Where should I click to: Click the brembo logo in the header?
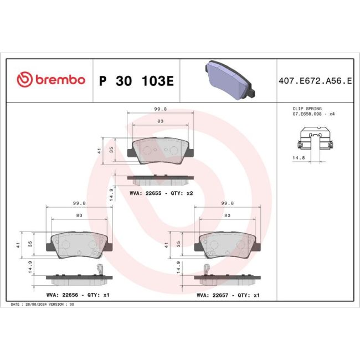(50, 80)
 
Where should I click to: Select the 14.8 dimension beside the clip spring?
(300, 157)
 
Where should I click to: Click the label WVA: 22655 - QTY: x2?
(161, 193)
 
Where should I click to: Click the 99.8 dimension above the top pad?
(161, 110)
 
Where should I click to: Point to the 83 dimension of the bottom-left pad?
(79, 215)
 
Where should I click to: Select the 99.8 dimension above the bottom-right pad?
(228, 203)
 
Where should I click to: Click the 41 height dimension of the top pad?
(98, 150)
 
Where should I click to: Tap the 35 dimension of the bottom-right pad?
(178, 243)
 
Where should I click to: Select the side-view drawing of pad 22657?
(227, 276)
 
